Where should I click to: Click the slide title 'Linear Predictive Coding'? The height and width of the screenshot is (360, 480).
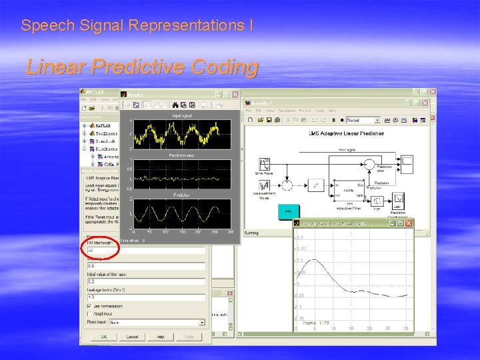click(x=141, y=67)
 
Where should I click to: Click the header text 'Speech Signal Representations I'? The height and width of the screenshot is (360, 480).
click(x=137, y=26)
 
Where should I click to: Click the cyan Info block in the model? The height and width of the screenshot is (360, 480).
click(x=287, y=211)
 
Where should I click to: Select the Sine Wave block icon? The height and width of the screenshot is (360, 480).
click(x=265, y=164)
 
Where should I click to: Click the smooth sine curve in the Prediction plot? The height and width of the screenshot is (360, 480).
click(x=181, y=213)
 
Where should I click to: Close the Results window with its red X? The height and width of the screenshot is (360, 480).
click(x=235, y=95)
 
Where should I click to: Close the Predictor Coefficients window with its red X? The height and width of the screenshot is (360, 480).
click(x=409, y=223)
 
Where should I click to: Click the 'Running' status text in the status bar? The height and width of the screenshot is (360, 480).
click(x=253, y=233)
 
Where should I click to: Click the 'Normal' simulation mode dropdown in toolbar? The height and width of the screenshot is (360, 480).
click(x=363, y=121)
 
